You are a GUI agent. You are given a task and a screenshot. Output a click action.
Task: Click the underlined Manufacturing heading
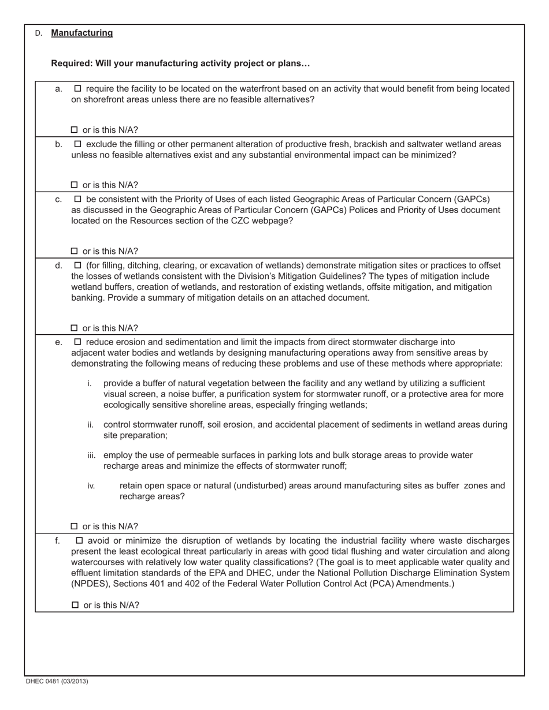[82, 33]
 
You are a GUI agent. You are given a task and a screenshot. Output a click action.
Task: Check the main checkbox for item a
[78, 89]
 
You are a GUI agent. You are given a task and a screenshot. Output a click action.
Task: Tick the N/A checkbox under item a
[74, 130]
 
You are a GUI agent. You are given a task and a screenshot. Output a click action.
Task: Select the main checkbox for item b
[78, 144]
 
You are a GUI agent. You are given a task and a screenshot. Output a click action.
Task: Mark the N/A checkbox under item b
[74, 185]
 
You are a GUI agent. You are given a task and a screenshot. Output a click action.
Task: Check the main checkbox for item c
[78, 199]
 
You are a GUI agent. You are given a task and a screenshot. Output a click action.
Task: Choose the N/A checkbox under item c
[74, 251]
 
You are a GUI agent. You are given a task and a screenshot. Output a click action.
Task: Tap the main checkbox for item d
[78, 266]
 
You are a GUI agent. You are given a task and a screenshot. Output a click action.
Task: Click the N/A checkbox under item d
[74, 328]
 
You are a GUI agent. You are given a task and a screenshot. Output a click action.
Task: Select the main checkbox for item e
[78, 342]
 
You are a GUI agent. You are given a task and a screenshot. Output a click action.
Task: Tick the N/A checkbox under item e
[74, 526]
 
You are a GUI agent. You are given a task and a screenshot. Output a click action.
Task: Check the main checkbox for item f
[79, 541]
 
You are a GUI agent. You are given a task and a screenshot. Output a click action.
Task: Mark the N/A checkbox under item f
[75, 606]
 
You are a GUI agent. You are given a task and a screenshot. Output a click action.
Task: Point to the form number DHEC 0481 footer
[57, 681]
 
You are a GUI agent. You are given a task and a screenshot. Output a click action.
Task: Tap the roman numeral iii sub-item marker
[91, 455]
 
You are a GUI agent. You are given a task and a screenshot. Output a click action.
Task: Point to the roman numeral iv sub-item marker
[91, 486]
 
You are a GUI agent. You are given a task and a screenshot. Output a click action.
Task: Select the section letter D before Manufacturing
[38, 33]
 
